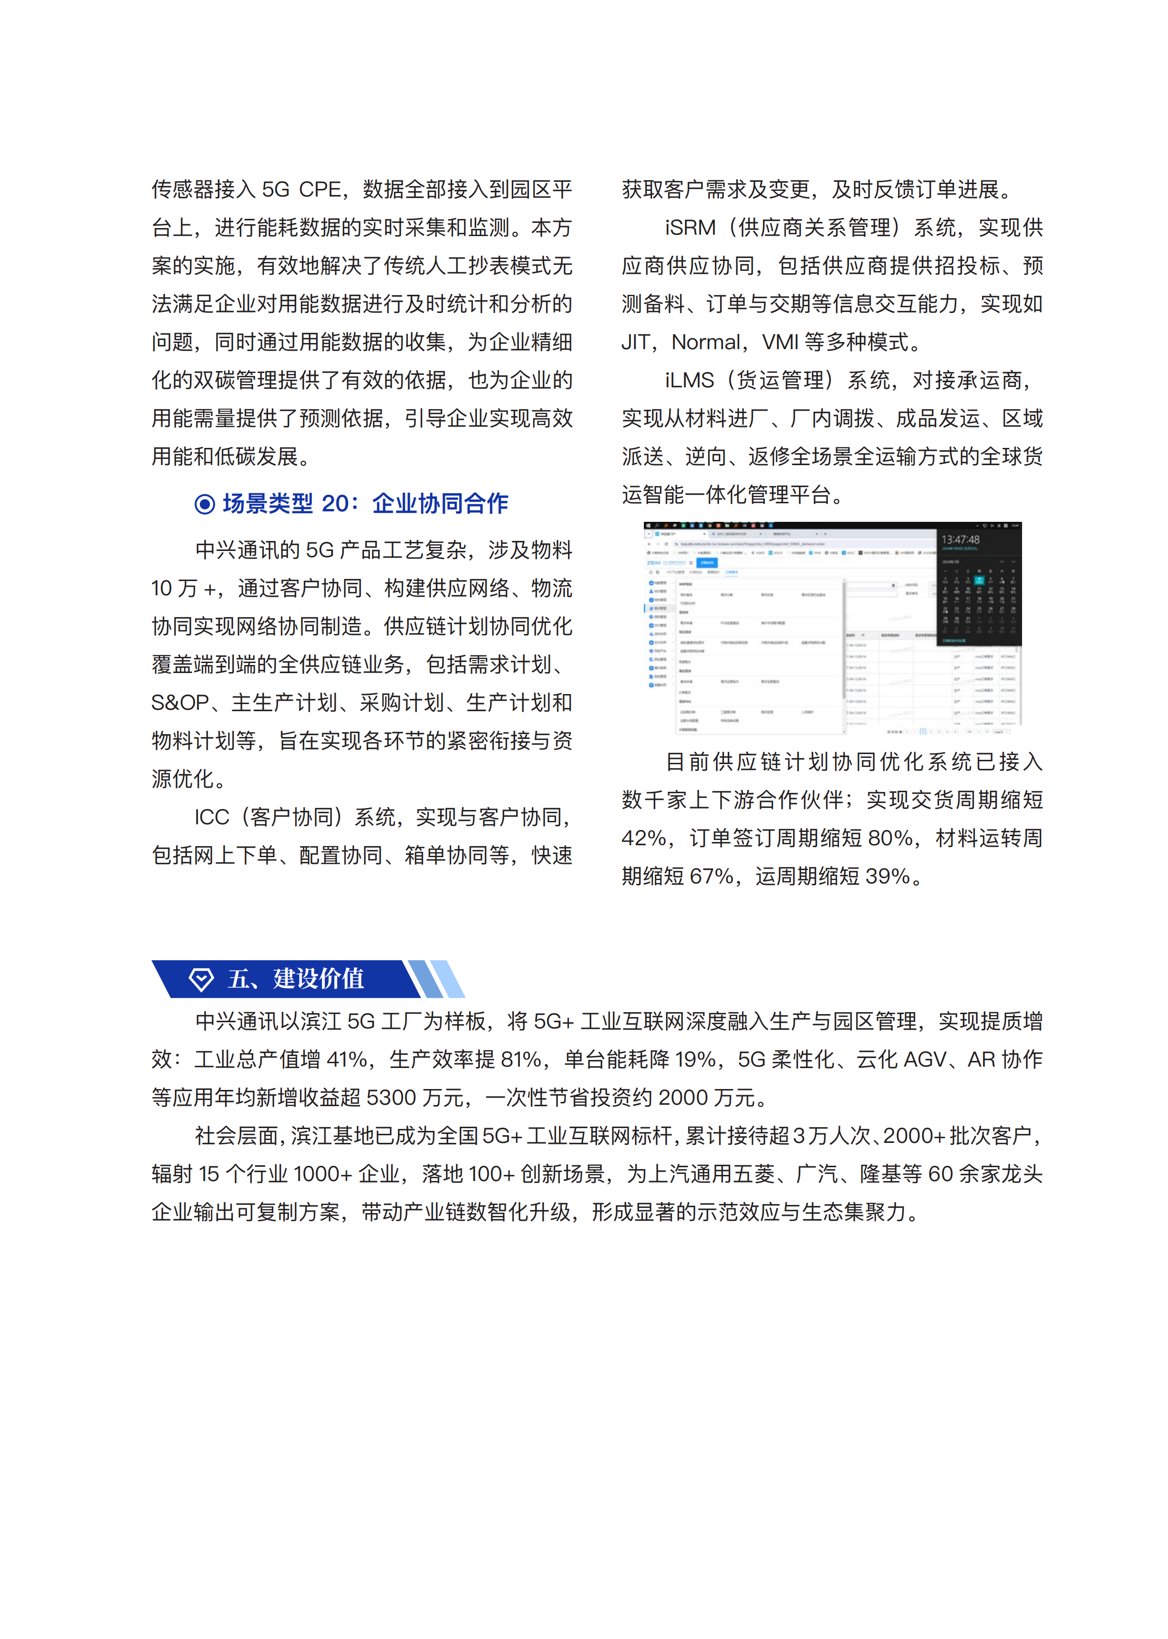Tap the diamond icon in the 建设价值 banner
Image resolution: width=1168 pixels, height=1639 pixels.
coord(201,979)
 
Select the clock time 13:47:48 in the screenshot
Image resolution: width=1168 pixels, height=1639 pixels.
coord(960,539)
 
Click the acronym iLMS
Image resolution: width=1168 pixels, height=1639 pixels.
coord(689,381)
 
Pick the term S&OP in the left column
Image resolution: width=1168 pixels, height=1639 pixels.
coord(180,703)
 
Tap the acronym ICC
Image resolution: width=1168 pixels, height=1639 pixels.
coord(211,817)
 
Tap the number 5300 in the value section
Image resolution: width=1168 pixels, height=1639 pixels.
coord(391,1098)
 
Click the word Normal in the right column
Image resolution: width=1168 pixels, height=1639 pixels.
coord(705,342)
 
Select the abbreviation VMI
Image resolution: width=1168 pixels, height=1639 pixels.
coord(780,342)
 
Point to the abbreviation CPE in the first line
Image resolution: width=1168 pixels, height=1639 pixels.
coord(320,190)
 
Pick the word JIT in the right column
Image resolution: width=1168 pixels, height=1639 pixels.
coord(635,342)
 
